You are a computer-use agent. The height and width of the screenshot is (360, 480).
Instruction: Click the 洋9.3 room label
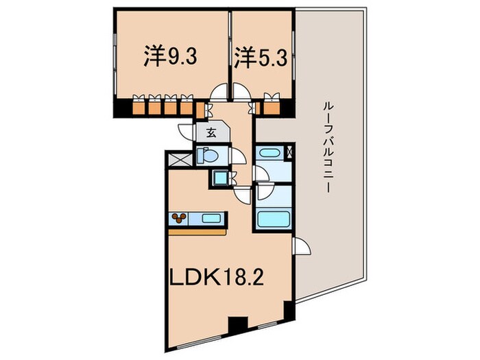(171, 56)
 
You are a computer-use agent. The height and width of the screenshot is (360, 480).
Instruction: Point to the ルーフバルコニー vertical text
(328, 147)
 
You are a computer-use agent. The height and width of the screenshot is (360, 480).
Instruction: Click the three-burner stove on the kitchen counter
(180, 219)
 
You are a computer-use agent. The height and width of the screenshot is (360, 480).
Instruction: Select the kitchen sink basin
(211, 219)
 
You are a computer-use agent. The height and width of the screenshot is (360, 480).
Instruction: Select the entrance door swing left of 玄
(186, 132)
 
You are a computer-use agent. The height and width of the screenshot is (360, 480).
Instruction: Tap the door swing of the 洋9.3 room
(220, 93)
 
